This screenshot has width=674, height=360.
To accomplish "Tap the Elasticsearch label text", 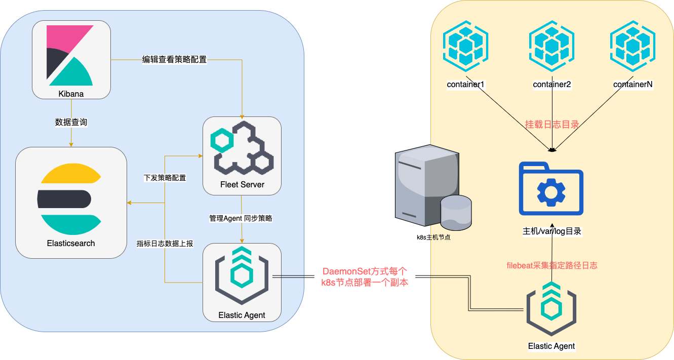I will coord(71,243).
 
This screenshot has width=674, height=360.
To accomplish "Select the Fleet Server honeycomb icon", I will coord(242,147).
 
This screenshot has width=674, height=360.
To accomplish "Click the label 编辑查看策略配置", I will coord(174,60).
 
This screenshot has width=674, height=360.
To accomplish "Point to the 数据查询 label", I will coord(71,122).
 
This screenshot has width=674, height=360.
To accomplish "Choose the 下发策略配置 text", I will coord(165,178).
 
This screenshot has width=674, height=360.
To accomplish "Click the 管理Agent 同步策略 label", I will coord(241,218).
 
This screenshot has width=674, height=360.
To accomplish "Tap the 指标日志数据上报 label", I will coord(165,244).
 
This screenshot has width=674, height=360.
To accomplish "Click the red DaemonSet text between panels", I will coord(365,277).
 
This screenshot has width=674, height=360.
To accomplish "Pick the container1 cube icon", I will coord(465,46).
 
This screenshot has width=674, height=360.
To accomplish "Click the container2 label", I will coord(552,85).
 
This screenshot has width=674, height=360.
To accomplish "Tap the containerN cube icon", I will coord(633,46).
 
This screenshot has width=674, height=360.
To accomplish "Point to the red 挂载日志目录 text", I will coord(552,125).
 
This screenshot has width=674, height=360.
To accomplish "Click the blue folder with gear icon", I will coord(551,189).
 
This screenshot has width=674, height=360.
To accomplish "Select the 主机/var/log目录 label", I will coord(551,231).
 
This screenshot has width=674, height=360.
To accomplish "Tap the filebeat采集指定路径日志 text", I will coord(552,265).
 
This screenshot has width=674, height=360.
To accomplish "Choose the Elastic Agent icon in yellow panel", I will coord(551,310).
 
